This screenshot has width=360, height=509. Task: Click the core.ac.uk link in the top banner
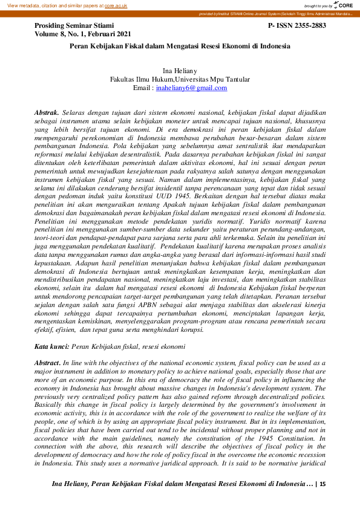(115, 5)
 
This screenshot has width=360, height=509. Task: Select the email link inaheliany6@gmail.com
(191, 88)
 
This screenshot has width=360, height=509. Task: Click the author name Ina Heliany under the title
(180, 71)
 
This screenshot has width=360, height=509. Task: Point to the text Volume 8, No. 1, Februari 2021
(83, 34)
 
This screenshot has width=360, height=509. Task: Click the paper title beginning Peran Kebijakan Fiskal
(180, 46)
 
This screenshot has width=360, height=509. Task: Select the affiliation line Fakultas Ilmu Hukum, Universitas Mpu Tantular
(180, 79)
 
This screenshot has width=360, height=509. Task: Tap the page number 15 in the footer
(322, 484)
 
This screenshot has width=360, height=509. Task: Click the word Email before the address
(143, 88)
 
